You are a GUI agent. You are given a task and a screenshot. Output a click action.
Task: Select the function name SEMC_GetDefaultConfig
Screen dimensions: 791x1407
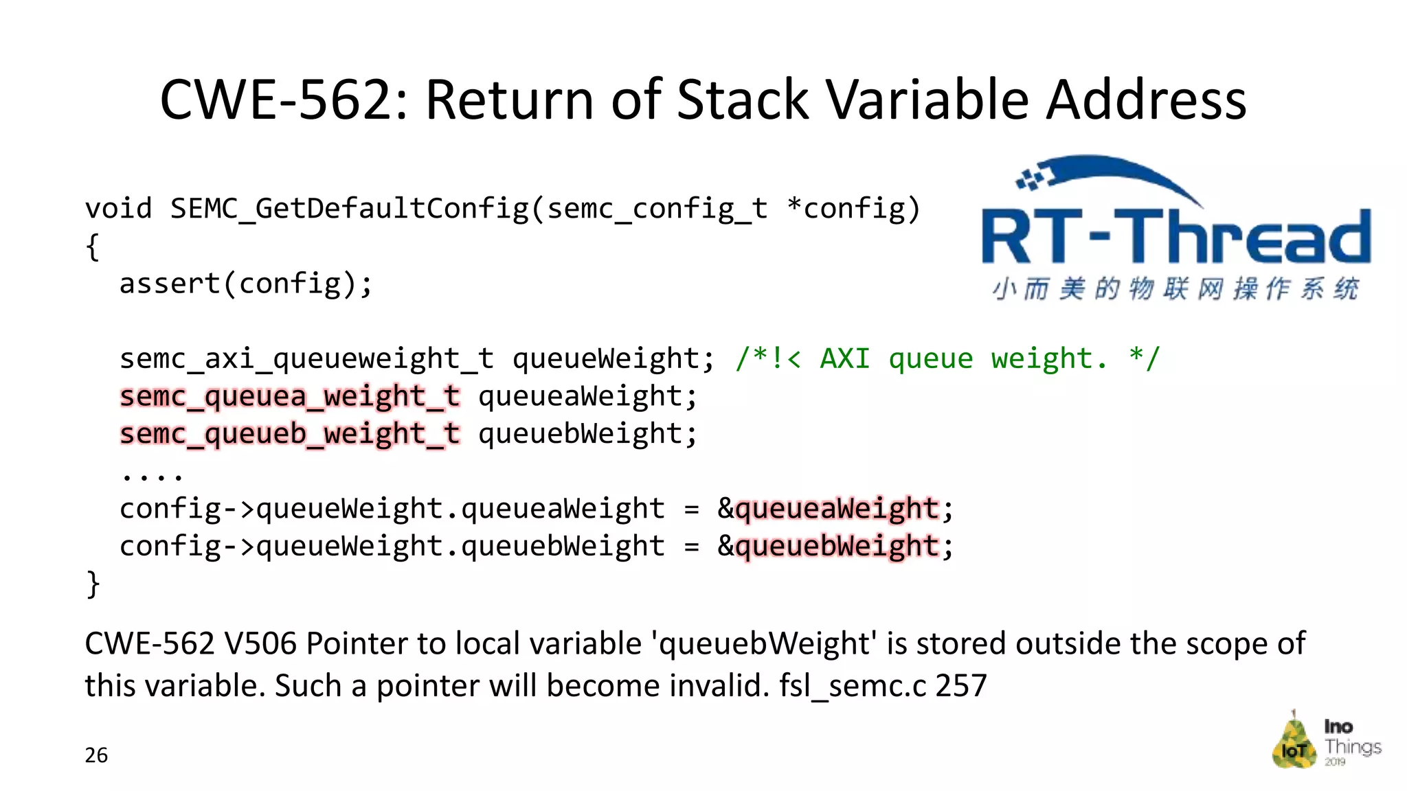pyautogui.click(x=349, y=209)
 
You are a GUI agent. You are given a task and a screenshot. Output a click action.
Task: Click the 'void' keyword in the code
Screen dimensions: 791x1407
pyautogui.click(x=118, y=209)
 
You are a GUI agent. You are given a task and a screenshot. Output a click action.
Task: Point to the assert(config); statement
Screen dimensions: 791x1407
pyautogui.click(x=246, y=284)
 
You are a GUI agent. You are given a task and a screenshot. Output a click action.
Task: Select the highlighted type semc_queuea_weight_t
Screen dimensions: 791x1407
pyautogui.click(x=289, y=397)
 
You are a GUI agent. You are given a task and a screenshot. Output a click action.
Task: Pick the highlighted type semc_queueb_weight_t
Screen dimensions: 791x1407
pyautogui.click(x=289, y=434)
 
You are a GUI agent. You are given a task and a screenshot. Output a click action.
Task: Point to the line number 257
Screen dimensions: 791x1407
pyautogui.click(x=961, y=686)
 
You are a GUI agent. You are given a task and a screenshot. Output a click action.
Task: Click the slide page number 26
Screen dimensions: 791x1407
pyautogui.click(x=96, y=755)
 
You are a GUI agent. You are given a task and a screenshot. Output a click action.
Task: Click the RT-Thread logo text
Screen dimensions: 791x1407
pyautogui.click(x=1175, y=237)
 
